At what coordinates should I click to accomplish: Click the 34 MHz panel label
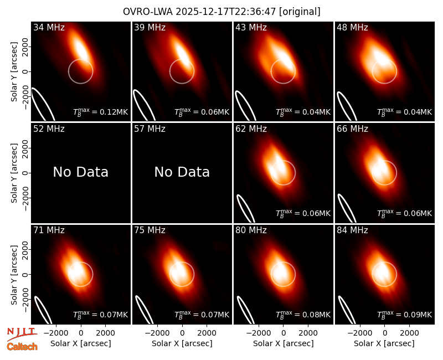[49, 27]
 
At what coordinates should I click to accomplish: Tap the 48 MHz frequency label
[352, 27]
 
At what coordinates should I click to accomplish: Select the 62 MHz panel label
[251, 129]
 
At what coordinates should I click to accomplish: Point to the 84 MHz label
[352, 230]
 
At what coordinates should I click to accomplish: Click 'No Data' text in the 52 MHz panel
[80, 172]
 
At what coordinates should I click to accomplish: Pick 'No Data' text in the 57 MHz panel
[182, 172]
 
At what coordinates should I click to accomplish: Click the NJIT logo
[22, 334]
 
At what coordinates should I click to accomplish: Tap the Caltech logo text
[22, 347]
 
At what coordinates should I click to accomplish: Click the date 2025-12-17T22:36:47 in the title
[226, 12]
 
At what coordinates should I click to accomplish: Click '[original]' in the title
[300, 12]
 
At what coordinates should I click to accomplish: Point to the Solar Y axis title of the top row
[14, 72]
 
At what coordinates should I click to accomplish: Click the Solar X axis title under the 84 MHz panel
[384, 343]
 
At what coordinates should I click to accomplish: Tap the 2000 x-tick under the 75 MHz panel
[207, 333]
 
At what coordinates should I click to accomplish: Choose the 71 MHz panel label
[49, 230]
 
